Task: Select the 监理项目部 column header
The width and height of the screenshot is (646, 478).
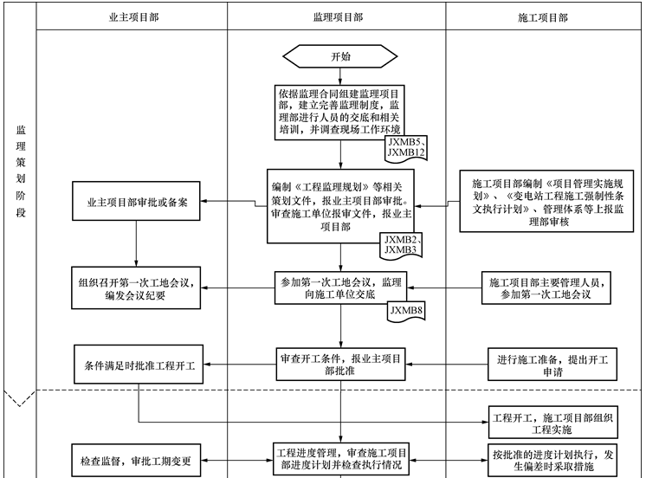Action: (337, 17)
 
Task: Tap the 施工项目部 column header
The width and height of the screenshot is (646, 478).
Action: (544, 17)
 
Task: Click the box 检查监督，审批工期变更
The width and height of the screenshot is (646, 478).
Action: (138, 460)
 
